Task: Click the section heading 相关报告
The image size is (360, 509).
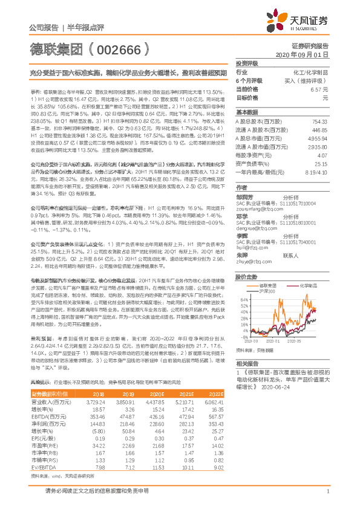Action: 247,363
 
